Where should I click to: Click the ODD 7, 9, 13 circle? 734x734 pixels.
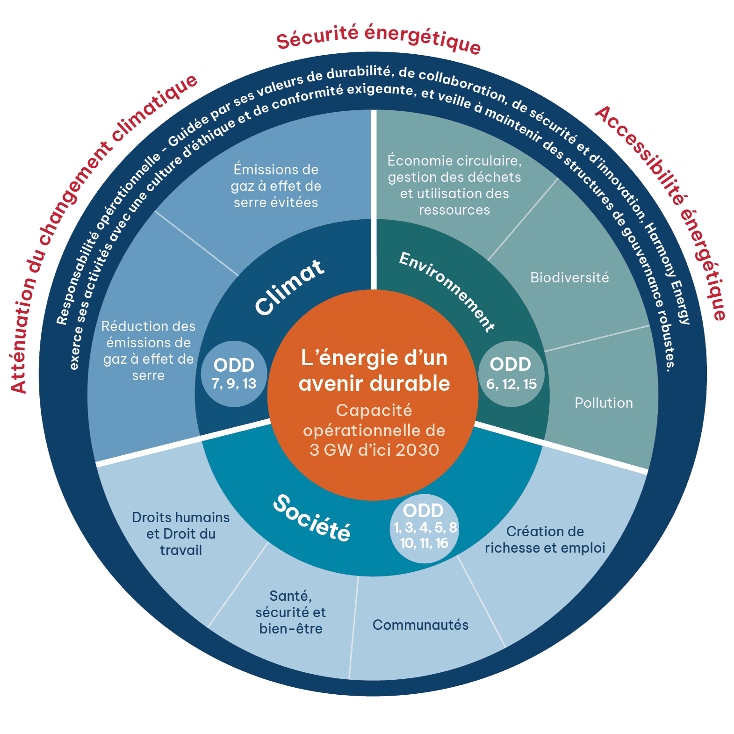pyautogui.click(x=234, y=374)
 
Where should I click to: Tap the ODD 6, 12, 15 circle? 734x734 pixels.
pyautogui.click(x=511, y=374)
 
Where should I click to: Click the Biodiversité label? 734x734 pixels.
pyautogui.click(x=569, y=278)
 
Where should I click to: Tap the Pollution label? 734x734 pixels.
pyautogui.click(x=604, y=403)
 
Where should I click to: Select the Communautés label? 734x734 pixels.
pyautogui.click(x=420, y=625)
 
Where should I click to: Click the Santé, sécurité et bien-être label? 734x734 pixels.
pyautogui.click(x=291, y=612)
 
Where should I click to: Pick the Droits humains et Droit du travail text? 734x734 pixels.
pyautogui.click(x=181, y=533)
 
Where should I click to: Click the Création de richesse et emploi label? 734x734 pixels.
pyautogui.click(x=545, y=540)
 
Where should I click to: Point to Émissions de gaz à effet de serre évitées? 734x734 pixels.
pyautogui.click(x=276, y=186)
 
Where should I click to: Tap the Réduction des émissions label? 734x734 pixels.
pyautogui.click(x=148, y=351)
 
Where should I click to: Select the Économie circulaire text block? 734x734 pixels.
pyautogui.click(x=454, y=185)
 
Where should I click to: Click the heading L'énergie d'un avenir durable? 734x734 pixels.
pyautogui.click(x=374, y=371)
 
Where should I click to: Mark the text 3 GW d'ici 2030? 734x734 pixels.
pyautogui.click(x=374, y=450)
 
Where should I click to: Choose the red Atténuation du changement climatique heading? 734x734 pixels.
pyautogui.click(x=98, y=229)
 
